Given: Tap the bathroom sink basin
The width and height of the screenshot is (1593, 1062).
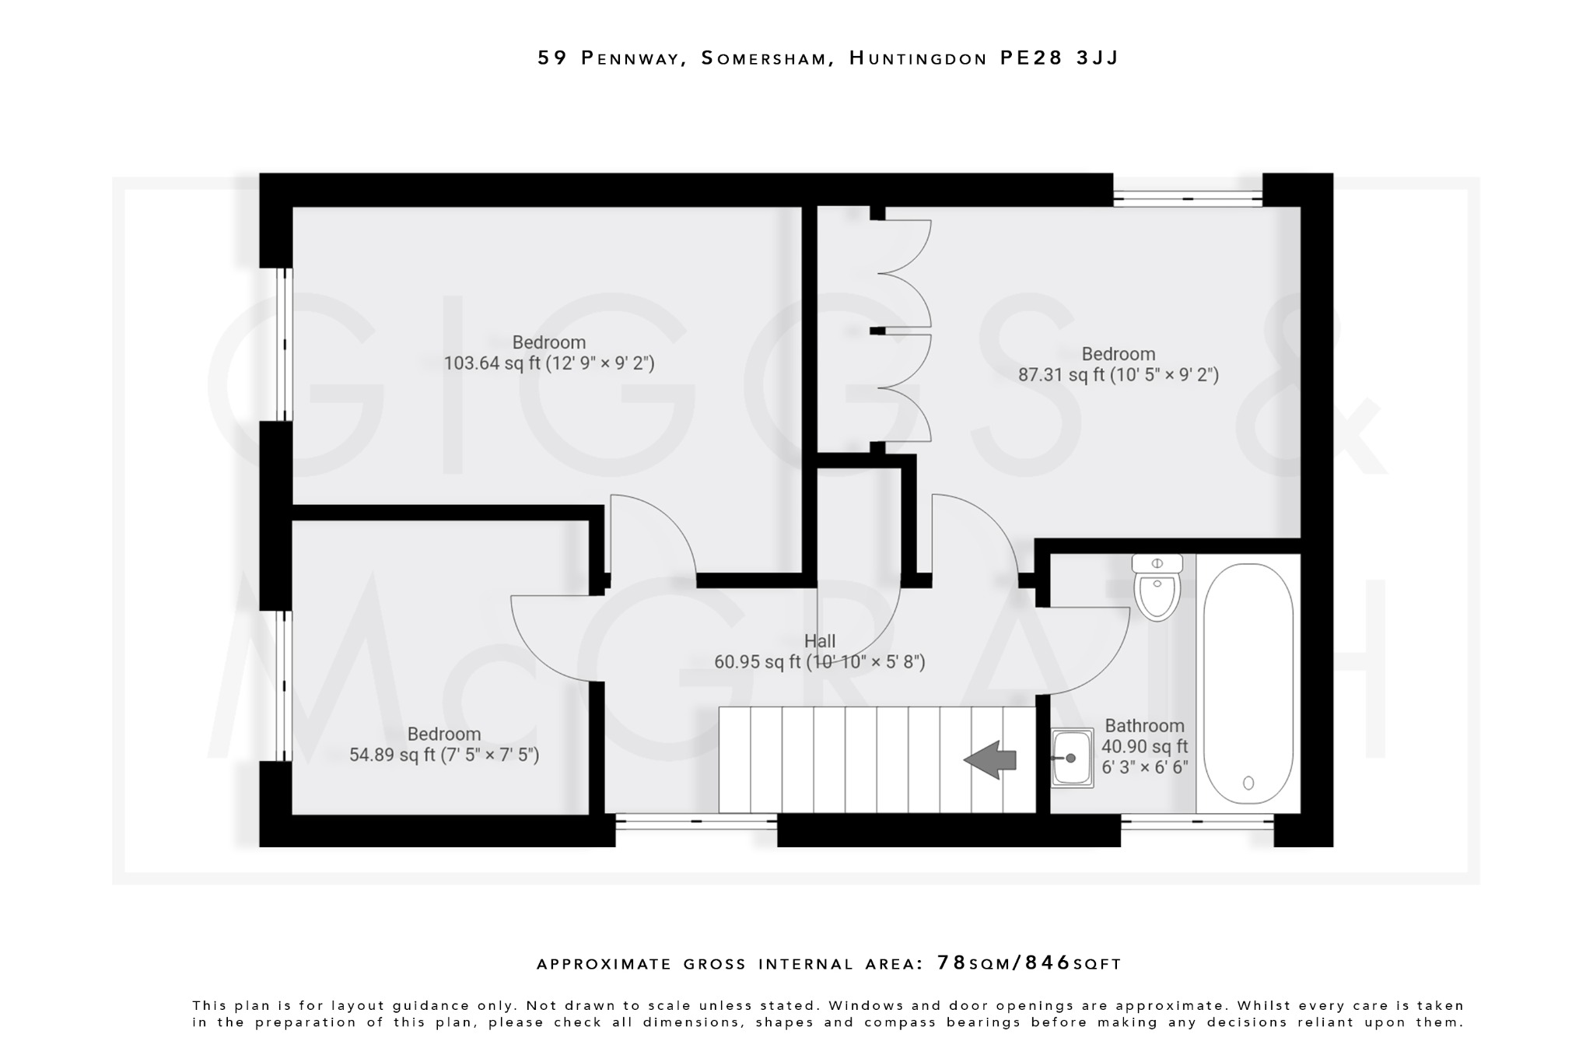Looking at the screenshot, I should point(1072,758).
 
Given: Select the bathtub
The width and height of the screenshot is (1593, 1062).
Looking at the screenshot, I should point(1248,683).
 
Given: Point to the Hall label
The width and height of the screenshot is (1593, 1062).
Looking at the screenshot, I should point(820,641).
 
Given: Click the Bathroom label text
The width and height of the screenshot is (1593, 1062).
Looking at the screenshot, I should point(1144,726).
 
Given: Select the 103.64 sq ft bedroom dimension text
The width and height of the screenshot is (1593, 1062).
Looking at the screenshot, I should point(549,363).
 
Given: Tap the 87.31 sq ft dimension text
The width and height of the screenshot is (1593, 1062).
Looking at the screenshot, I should point(1119,375).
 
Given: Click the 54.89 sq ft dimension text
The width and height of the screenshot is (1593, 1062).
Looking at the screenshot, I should point(444,755).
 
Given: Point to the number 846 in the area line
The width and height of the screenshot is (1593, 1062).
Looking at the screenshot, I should point(1049,963).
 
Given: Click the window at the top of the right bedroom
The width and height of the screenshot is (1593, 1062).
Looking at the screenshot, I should point(1188,198).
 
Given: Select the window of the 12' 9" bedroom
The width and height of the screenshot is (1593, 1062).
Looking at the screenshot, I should point(285,344).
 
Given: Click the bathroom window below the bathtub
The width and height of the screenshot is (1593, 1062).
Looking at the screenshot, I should point(1197,822).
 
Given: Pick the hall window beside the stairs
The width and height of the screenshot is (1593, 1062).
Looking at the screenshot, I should point(696,822).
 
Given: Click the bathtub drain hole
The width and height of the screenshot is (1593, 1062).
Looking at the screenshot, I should point(1248,783).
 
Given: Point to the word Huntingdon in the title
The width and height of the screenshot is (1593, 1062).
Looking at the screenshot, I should point(918,58).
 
